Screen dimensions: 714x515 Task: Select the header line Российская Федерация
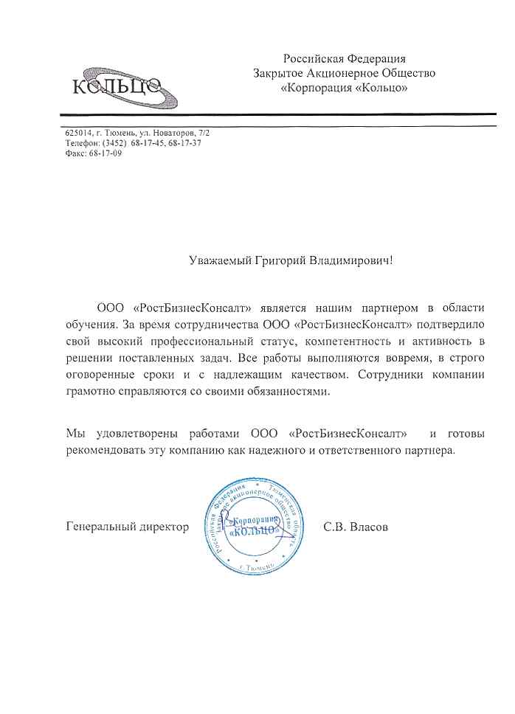(345, 58)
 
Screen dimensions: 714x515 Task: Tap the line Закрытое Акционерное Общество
(345, 73)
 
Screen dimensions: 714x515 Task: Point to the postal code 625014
(78, 133)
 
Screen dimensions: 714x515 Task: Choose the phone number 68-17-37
(184, 143)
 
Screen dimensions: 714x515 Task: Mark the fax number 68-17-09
(106, 153)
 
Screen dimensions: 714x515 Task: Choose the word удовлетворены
(133, 431)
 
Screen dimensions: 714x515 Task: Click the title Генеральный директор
(128, 527)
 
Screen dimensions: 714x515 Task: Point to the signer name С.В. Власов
(356, 527)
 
